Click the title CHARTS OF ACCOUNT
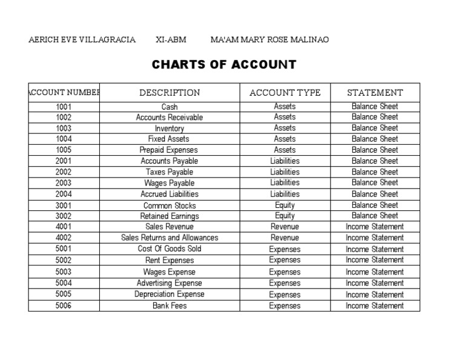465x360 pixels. [x=224, y=64]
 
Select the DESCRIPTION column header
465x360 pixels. [x=170, y=93]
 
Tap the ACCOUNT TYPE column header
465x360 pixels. [x=285, y=93]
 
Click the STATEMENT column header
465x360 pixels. [x=375, y=93]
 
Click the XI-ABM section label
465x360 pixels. [x=171, y=40]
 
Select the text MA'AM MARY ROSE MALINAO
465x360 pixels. [x=269, y=40]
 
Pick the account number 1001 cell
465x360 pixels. [x=64, y=107]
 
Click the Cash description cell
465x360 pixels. [x=170, y=107]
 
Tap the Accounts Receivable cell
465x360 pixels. [x=170, y=118]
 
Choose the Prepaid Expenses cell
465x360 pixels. [x=170, y=150]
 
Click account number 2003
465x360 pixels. [x=64, y=183]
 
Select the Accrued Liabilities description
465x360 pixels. [x=170, y=195]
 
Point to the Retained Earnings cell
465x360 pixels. [x=170, y=216]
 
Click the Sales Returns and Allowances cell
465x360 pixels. [x=170, y=238]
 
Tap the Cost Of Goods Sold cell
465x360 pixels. [x=170, y=249]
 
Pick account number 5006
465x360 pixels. [x=64, y=306]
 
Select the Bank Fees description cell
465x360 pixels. [x=170, y=306]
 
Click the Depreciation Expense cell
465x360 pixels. [x=170, y=295]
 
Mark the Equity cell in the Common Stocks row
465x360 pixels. [x=285, y=205]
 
